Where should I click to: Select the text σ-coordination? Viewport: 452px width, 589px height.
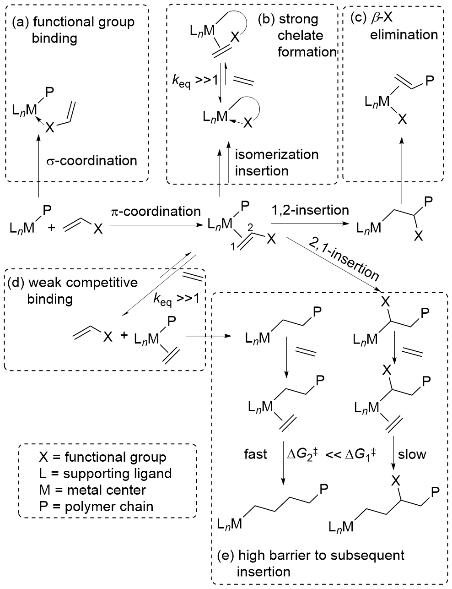91,161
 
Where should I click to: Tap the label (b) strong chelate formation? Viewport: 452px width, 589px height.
297,36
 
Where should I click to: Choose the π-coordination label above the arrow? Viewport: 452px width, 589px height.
156,211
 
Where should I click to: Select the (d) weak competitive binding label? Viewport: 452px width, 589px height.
72,290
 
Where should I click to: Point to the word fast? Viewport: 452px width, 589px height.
255,454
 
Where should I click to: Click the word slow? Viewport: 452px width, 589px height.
412,454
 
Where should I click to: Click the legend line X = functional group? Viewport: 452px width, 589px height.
102,457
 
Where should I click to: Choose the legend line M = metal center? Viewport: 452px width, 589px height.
92,490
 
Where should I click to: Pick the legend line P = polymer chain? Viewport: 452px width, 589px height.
96,506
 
